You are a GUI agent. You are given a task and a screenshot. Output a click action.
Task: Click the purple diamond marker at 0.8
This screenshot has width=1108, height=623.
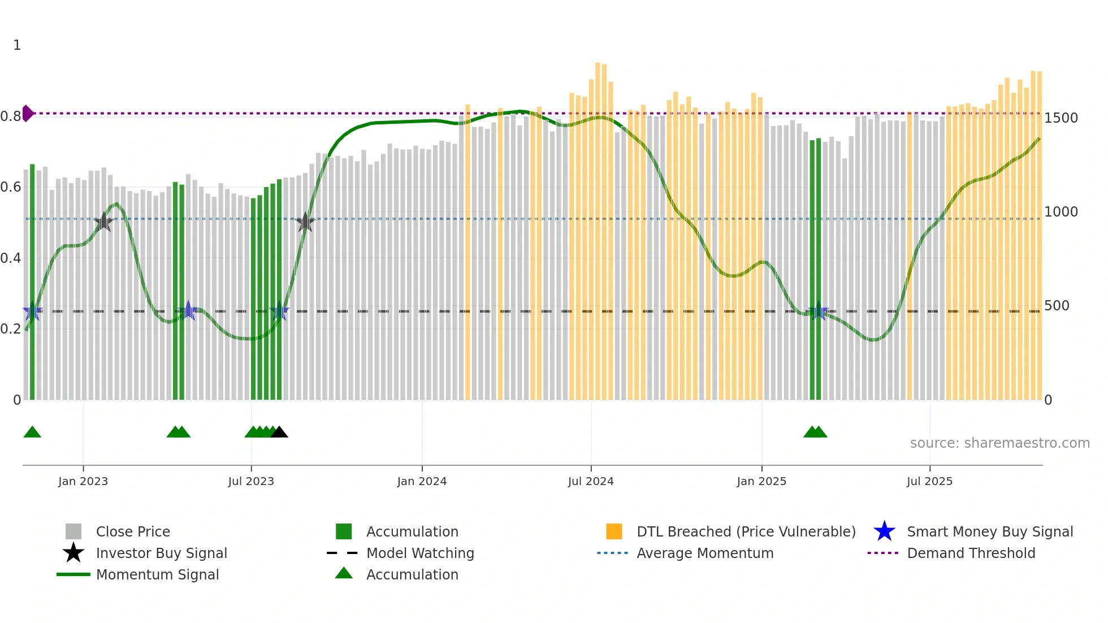coord(27,113)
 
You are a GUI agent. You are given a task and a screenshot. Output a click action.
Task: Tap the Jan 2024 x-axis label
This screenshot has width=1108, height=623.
coord(422,481)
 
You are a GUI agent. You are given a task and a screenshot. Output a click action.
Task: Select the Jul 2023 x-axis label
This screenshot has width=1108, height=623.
coord(251,481)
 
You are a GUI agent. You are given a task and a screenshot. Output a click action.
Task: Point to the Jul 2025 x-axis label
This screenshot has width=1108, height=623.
coord(929,481)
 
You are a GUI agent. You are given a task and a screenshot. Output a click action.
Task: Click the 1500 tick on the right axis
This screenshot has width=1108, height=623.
coord(1061,118)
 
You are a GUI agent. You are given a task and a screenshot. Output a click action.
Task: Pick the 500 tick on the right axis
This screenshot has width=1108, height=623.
coord(1057,306)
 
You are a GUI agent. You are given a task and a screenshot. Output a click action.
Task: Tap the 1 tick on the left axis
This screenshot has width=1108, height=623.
coord(17,45)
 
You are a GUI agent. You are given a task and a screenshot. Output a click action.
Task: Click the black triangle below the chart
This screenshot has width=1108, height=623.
coord(279,432)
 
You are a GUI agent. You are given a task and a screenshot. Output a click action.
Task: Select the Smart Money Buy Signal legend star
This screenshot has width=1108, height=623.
coord(884,531)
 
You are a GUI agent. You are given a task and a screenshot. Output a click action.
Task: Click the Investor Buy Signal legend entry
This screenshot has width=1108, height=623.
coord(161,553)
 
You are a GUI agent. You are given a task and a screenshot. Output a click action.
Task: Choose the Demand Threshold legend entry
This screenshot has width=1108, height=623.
coord(971,553)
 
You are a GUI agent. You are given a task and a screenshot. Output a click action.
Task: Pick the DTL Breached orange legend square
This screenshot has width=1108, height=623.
coord(614,531)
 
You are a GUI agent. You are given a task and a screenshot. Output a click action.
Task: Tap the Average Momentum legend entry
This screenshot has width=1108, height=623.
coord(704,553)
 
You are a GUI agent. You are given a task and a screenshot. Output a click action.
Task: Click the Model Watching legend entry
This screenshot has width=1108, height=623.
coord(419,553)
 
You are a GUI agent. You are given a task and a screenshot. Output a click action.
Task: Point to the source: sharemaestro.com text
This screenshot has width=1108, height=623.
coord(999,443)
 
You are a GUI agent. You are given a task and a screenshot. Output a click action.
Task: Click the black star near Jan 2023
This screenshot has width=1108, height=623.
coord(103,222)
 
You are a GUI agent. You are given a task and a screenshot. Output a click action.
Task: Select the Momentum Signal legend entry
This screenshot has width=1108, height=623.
coord(157,574)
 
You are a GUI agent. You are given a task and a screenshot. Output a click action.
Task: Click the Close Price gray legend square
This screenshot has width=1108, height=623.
coord(73,531)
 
